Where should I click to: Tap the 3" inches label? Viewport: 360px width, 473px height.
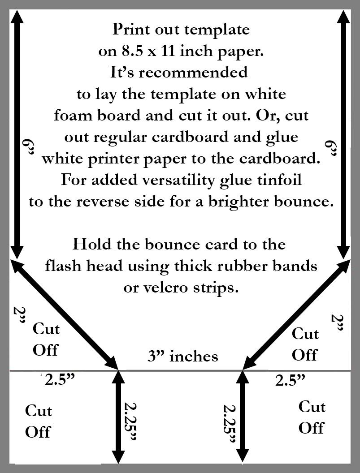183,356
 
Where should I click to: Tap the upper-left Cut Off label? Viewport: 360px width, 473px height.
46,339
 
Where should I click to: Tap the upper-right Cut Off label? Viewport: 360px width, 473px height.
305,344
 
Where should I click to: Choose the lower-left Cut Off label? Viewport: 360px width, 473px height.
38,421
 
